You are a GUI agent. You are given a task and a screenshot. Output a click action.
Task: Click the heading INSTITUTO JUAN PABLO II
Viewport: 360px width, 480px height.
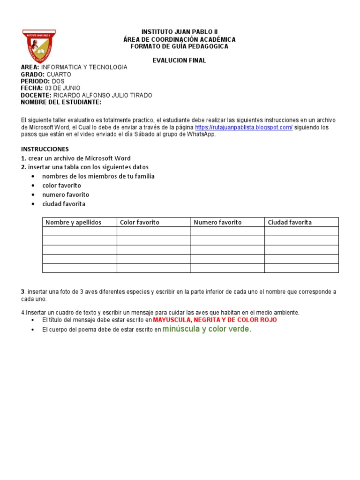point(180,32)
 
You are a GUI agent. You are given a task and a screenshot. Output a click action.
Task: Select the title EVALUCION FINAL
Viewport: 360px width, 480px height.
point(180,60)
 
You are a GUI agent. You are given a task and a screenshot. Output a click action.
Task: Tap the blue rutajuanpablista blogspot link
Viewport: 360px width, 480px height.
point(244,127)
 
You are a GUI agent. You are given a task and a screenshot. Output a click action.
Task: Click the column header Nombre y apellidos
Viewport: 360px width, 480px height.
point(74,222)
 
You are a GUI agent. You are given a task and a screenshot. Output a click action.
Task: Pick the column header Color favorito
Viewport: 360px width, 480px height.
point(140,222)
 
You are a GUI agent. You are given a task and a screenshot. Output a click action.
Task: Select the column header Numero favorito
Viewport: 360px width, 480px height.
point(217,222)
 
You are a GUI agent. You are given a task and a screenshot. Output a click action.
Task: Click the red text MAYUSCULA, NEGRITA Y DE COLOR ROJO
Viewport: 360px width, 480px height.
point(215,320)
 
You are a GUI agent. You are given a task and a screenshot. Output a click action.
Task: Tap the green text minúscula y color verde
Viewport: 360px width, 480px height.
point(207,329)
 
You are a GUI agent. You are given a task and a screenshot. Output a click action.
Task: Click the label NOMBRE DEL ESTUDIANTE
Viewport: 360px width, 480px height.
point(61,102)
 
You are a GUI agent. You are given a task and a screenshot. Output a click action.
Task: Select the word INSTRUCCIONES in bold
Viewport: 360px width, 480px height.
point(45,149)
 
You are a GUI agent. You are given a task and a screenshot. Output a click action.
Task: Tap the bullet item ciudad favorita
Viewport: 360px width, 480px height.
point(64,204)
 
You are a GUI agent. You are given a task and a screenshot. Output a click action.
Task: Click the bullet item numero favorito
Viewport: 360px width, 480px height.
point(66,195)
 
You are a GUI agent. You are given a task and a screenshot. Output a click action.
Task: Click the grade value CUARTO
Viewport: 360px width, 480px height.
point(59,75)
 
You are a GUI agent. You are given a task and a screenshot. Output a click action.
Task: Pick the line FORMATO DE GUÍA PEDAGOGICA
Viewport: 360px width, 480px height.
point(180,46)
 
